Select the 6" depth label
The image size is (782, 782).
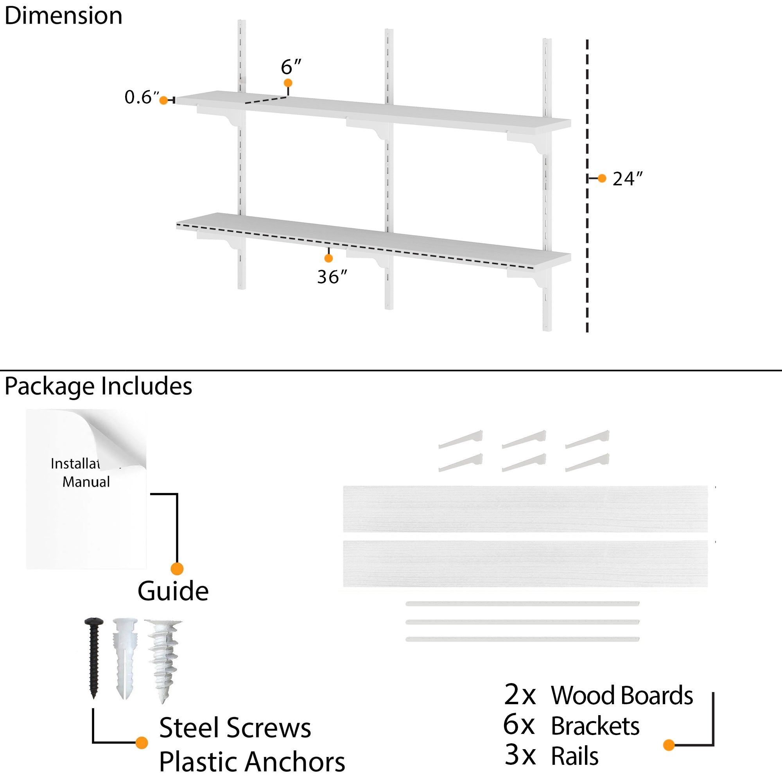(x=291, y=67)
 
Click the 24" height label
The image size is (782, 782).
(x=628, y=179)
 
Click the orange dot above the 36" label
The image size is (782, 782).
(x=329, y=258)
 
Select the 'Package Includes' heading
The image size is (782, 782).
(x=99, y=386)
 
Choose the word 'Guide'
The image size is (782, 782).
(x=173, y=591)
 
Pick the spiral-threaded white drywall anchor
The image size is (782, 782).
(x=164, y=660)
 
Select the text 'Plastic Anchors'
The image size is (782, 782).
(x=252, y=762)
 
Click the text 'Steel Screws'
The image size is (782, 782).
(x=235, y=728)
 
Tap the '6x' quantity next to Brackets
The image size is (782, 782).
(x=519, y=725)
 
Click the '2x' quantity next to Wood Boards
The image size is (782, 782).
(x=520, y=695)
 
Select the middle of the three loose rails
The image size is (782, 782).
(x=522, y=622)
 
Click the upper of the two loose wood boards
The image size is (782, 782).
(x=525, y=509)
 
